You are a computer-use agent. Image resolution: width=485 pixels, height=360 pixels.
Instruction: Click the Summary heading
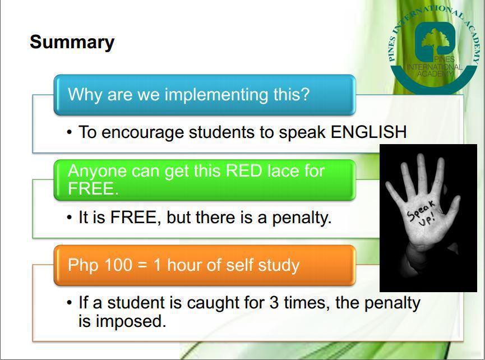coord(72,43)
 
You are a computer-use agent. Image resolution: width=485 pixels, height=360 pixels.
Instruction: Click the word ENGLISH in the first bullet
coord(368,132)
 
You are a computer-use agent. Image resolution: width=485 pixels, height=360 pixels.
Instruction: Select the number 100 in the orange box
coord(118,265)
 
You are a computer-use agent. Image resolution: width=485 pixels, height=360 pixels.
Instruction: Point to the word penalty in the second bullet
coord(302,218)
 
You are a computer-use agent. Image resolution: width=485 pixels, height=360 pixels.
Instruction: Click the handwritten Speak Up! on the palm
coord(422,214)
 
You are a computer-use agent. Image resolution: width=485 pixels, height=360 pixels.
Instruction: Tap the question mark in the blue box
coord(305,94)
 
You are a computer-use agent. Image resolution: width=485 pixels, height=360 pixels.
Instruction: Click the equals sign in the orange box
coord(142,265)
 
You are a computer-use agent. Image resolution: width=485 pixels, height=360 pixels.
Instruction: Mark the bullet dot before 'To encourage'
coord(70,133)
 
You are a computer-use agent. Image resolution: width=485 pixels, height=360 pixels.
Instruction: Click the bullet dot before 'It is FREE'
coord(70,218)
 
